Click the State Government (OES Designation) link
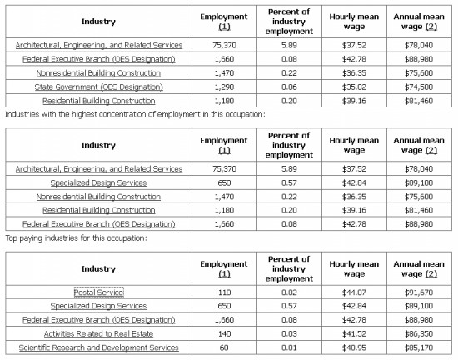click(x=99, y=87)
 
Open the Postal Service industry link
click(x=99, y=292)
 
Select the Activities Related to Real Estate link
click(x=99, y=333)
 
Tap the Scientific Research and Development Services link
click(x=99, y=347)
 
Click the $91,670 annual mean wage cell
click(x=419, y=292)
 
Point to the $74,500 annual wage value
click(x=419, y=87)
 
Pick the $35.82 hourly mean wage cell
click(x=354, y=87)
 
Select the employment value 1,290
click(x=224, y=87)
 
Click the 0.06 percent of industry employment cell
click(x=289, y=87)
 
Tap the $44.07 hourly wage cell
click(x=354, y=292)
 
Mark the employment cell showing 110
click(x=224, y=292)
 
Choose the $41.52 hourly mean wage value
click(x=354, y=333)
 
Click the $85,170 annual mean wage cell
click(x=419, y=347)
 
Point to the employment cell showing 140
click(x=224, y=333)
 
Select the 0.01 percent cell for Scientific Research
click(x=289, y=347)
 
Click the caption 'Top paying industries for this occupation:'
click(x=76, y=238)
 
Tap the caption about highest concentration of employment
click(x=135, y=114)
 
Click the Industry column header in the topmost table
click(x=98, y=22)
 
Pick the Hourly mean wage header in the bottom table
click(x=354, y=269)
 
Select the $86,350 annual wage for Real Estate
click(x=419, y=333)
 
